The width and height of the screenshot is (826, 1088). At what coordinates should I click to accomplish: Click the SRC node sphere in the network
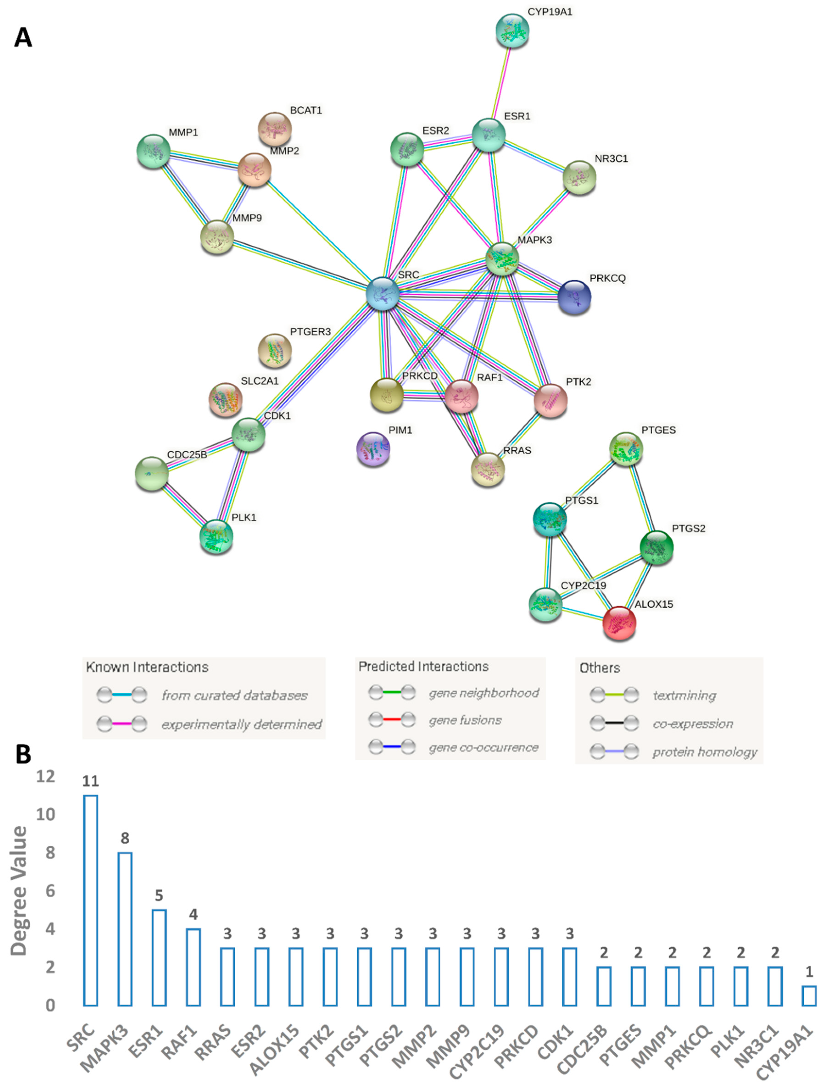click(382, 294)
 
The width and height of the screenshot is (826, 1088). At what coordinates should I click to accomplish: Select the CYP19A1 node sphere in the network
click(512, 31)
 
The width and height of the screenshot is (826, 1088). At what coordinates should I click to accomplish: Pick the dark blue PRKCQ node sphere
click(574, 297)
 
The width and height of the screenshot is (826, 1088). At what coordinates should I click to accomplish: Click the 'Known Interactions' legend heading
click(147, 667)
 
